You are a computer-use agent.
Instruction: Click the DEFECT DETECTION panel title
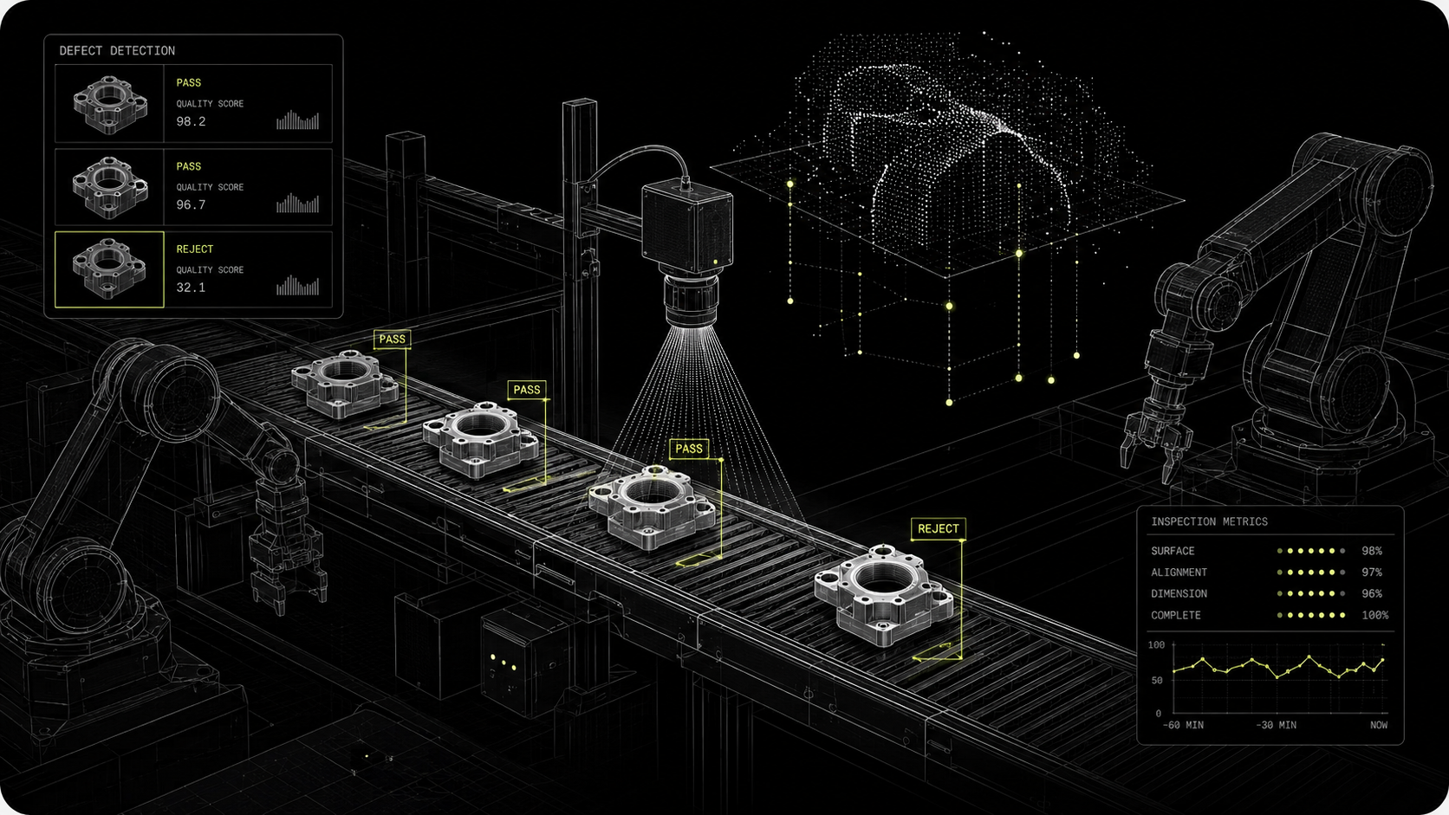[117, 50]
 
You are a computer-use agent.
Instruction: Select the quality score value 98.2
[191, 121]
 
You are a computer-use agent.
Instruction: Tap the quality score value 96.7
[191, 205]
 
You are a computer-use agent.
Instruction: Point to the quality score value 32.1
[191, 288]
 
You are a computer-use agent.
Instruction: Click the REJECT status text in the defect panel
[195, 249]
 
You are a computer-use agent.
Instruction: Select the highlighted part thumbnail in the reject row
[109, 269]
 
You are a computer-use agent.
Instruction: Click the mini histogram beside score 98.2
[297, 120]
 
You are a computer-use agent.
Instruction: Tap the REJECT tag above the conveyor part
[938, 528]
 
